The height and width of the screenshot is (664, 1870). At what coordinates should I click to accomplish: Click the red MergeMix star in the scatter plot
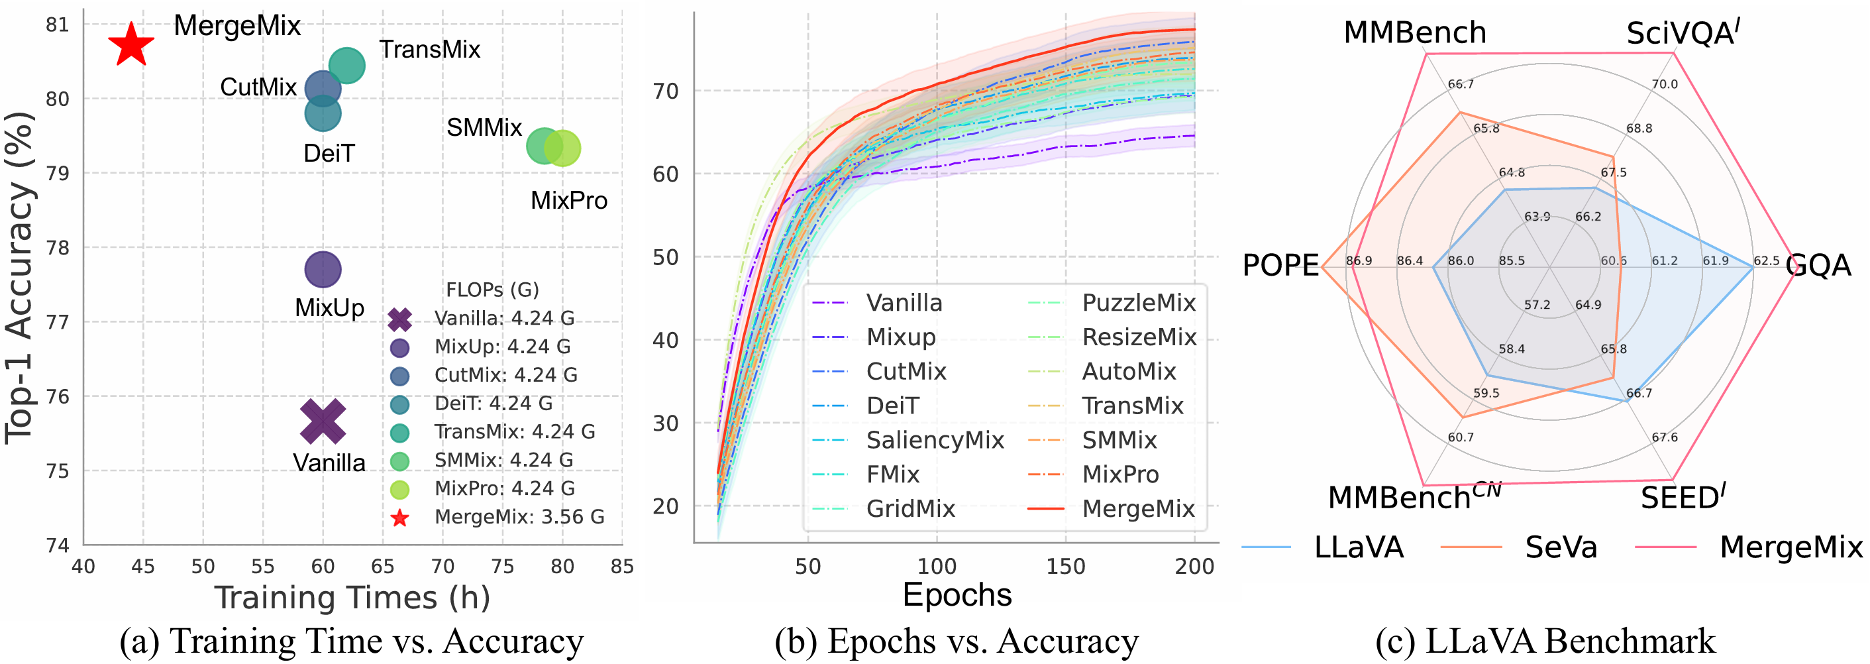pos(130,44)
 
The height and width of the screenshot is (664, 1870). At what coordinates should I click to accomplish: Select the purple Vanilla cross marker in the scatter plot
pos(323,421)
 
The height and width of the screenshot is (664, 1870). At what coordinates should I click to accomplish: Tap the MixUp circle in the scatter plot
pos(323,270)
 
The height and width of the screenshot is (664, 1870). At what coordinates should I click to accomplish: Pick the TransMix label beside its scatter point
pos(430,50)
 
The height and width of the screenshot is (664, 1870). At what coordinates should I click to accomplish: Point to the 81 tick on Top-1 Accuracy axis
pos(58,25)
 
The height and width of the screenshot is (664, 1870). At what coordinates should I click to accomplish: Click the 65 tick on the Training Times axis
pos(383,567)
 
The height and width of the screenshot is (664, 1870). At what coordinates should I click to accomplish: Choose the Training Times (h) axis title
pos(352,598)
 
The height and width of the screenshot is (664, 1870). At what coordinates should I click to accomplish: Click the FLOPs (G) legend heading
pos(492,290)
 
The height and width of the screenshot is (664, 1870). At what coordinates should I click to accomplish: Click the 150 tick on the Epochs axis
pos(1065,567)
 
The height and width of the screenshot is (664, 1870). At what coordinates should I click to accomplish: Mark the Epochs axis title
pos(957,595)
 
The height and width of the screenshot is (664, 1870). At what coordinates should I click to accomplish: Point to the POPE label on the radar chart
pos(1280,265)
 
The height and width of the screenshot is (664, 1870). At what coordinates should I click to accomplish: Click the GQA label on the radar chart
pos(1818,265)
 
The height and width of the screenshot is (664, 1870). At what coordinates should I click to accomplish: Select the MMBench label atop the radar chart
pos(1414,32)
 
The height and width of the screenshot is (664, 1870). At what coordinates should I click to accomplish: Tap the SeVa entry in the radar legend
pos(1561,547)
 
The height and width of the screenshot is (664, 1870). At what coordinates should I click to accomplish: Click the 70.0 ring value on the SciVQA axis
pos(1665,84)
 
